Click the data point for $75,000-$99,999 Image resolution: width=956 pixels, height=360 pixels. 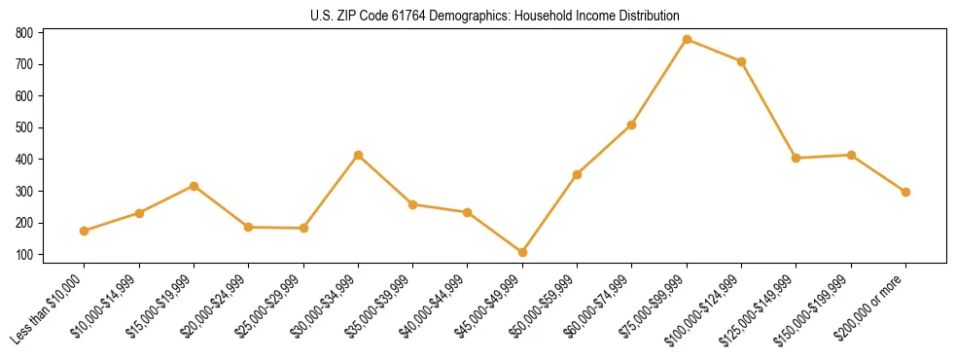pyautogui.click(x=687, y=40)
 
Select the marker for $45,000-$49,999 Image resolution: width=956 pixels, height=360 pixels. pyautogui.click(x=522, y=253)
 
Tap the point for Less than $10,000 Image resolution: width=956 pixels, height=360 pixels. pyautogui.click(x=85, y=231)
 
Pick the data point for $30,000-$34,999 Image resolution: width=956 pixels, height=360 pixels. pyautogui.click(x=358, y=155)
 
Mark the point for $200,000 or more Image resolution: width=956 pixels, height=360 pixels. pyautogui.click(x=905, y=192)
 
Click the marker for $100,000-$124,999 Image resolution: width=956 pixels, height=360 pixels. pyautogui.click(x=741, y=61)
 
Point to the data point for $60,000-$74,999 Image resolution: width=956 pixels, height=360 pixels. pyautogui.click(x=632, y=125)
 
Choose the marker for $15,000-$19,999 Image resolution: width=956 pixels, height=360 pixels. pyautogui.click(x=194, y=186)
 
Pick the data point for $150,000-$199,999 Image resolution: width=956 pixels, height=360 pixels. pyautogui.click(x=851, y=155)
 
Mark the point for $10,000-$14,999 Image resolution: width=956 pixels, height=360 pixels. pyautogui.click(x=139, y=213)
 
